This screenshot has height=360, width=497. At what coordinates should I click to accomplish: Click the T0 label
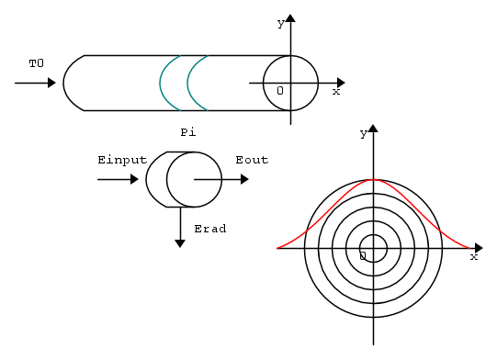(37, 63)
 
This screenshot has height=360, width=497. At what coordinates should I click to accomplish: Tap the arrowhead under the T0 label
(51, 83)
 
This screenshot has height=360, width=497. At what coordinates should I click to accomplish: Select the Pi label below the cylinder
(188, 132)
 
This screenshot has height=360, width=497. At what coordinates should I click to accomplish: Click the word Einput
(122, 161)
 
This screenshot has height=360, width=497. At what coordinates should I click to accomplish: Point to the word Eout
(252, 160)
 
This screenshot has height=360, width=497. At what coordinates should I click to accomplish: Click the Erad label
(210, 229)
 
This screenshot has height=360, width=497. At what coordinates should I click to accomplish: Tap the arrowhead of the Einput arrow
(134, 179)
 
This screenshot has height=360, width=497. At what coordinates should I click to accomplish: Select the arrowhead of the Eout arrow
(244, 179)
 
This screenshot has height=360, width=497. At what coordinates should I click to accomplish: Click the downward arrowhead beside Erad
(180, 243)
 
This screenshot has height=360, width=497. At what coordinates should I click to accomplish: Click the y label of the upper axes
(281, 24)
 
